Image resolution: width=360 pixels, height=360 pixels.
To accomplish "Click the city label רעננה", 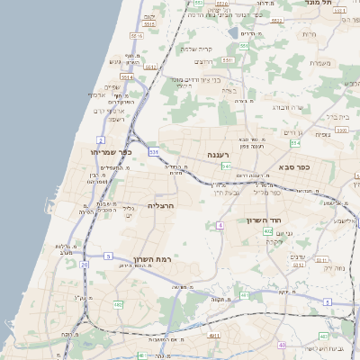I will tap(219, 155).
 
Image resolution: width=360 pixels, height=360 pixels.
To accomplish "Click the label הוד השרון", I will tap(265, 220).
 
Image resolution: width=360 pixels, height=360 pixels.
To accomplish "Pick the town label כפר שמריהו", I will tap(112, 152).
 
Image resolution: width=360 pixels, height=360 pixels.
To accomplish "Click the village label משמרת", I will tap(320, 63).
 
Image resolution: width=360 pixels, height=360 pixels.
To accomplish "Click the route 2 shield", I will tap(100, 140).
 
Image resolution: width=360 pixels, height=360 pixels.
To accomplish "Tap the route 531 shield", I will tap(154, 153).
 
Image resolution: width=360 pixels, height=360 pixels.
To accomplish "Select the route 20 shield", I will tap(85, 265).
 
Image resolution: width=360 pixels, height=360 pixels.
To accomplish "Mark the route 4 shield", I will tap(219, 225).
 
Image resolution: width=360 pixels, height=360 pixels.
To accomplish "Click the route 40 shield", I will tap(282, 345).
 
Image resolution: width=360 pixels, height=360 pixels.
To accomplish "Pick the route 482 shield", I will tap(118, 304).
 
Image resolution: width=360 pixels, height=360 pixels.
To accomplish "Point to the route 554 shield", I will tap(294, 143).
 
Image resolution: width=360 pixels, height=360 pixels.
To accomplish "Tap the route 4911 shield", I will tap(214, 336).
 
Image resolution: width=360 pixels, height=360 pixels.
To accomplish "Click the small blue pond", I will tap(234, 32).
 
